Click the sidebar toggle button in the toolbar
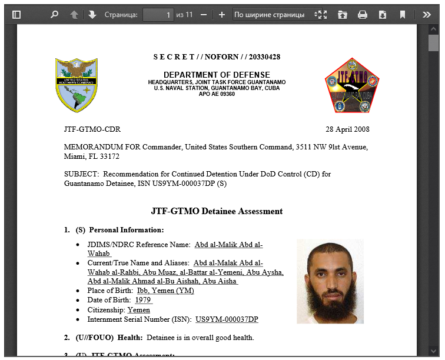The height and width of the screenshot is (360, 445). click(16, 15)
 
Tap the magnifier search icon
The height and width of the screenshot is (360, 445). click(54, 15)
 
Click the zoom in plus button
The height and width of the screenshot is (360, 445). click(222, 15)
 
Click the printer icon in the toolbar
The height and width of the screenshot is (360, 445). click(363, 15)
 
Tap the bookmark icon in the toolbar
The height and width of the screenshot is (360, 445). click(403, 15)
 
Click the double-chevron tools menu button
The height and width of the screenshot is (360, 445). click(427, 15)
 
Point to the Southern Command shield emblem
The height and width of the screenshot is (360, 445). click(77, 85)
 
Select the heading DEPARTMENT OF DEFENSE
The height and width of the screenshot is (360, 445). click(217, 75)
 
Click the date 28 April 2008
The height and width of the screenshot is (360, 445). click(348, 129)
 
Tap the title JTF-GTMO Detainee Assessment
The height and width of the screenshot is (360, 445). click(217, 211)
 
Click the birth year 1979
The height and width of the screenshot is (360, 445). click(143, 300)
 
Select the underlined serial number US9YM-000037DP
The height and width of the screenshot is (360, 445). click(227, 319)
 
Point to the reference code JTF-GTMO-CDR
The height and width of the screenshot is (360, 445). click(92, 129)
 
